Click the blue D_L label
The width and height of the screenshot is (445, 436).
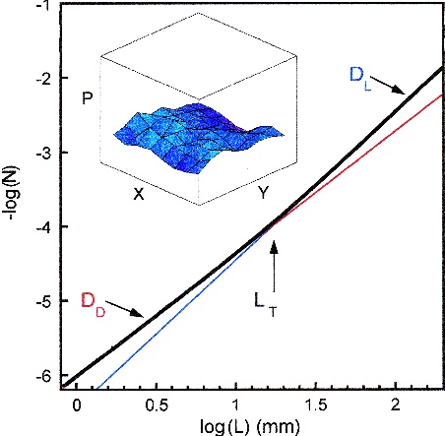point(362,75)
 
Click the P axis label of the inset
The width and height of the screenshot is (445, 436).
point(90,101)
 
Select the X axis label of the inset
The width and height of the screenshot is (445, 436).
point(139,195)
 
